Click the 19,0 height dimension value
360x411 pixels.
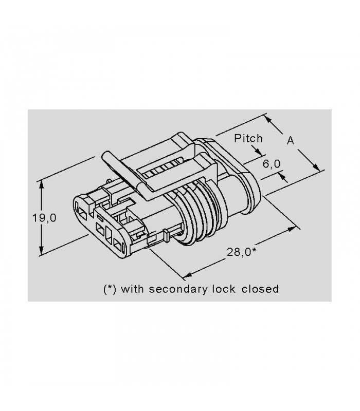(44, 217)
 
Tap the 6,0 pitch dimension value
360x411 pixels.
(272, 164)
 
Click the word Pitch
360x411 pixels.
(248, 138)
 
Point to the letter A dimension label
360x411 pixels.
(291, 141)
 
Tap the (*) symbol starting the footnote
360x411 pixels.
(110, 289)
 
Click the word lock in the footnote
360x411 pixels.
(223, 289)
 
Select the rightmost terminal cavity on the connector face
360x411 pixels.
(119, 246)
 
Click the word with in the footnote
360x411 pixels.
(132, 289)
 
